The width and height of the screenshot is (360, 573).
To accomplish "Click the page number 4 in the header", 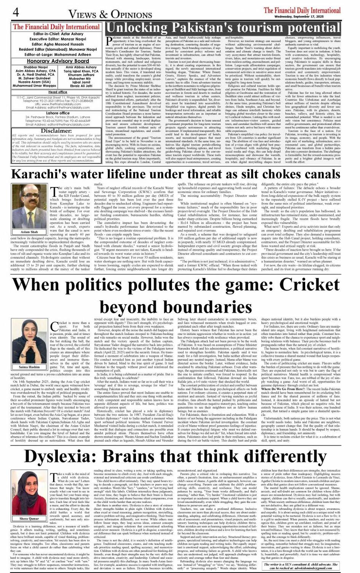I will click(16, 13).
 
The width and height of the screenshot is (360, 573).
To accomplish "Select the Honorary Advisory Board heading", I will click(58, 61).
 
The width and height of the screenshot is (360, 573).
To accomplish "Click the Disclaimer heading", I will click(56, 131).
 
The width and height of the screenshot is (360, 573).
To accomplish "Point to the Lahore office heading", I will click(58, 113).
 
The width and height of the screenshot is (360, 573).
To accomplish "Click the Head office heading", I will click(58, 92).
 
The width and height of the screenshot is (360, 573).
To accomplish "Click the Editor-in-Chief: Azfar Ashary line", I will click(58, 34).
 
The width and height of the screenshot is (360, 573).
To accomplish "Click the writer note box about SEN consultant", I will click(301, 566).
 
